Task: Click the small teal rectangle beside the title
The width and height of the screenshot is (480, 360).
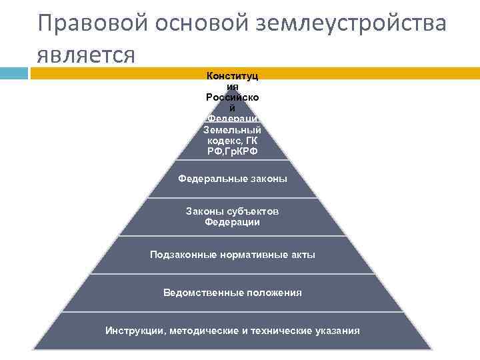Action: pyautogui.click(x=14, y=73)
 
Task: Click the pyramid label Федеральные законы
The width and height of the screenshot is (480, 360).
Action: pyautogui.click(x=233, y=179)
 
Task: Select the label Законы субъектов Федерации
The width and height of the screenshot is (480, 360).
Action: pyautogui.click(x=233, y=217)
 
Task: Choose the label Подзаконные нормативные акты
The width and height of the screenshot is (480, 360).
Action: pyautogui.click(x=233, y=255)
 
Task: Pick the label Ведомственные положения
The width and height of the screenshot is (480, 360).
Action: pyautogui.click(x=233, y=293)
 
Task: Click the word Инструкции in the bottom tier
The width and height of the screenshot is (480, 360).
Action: pyautogui.click(x=135, y=331)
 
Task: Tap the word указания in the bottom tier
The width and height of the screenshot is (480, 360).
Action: pyautogui.click(x=337, y=331)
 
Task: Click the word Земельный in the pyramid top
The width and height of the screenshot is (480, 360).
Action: pyautogui.click(x=233, y=129)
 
